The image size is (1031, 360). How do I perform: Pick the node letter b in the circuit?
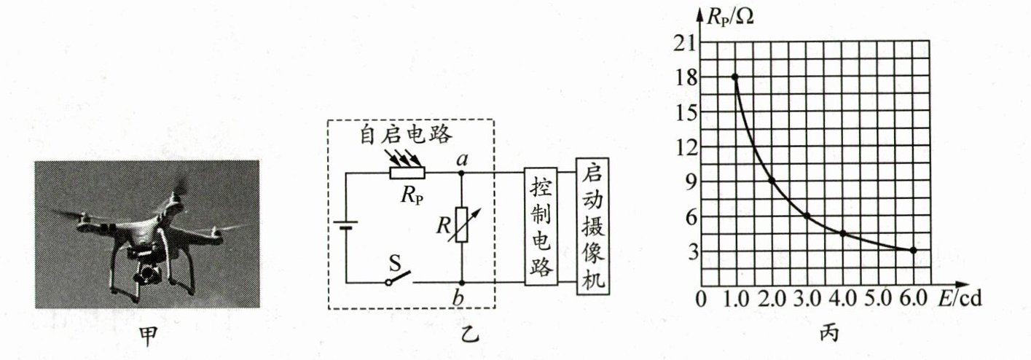[x=461, y=298]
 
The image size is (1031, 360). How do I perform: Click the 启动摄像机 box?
[x=591, y=225]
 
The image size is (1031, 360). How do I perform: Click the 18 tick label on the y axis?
[x=686, y=77]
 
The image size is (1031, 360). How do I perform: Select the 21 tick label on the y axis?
[x=686, y=42]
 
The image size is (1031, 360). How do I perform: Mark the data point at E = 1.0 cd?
[x=735, y=77]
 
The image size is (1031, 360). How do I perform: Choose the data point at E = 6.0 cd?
[x=913, y=250]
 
